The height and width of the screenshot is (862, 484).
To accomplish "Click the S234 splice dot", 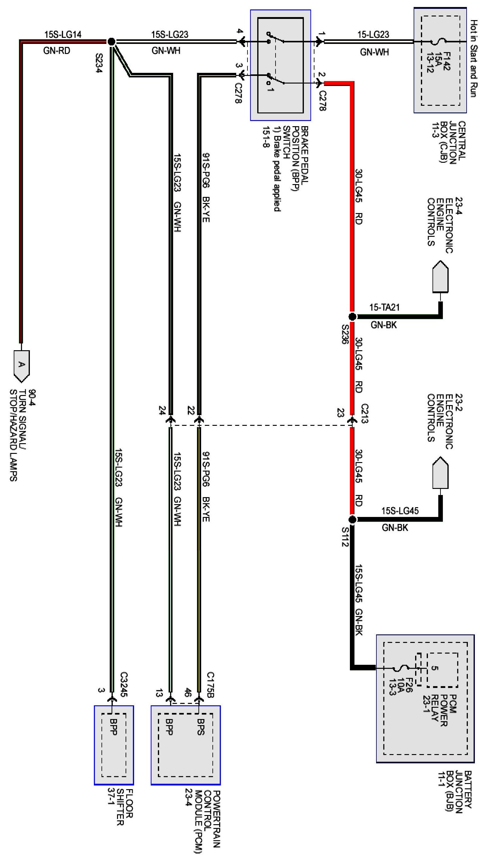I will (112, 41).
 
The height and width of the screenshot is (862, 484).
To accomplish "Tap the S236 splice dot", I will (352, 316).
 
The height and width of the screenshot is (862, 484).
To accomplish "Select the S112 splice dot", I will (352, 520).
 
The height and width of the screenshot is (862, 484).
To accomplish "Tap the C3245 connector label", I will (123, 684).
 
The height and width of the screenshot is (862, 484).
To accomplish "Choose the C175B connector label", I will (210, 684).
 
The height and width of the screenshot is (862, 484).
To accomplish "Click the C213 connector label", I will (365, 413).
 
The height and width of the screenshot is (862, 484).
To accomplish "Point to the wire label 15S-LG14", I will (63, 34).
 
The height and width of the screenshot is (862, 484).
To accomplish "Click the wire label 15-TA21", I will (384, 307).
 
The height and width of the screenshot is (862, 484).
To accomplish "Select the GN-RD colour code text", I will (57, 51).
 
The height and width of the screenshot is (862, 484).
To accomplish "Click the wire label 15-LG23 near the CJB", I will (373, 34).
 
